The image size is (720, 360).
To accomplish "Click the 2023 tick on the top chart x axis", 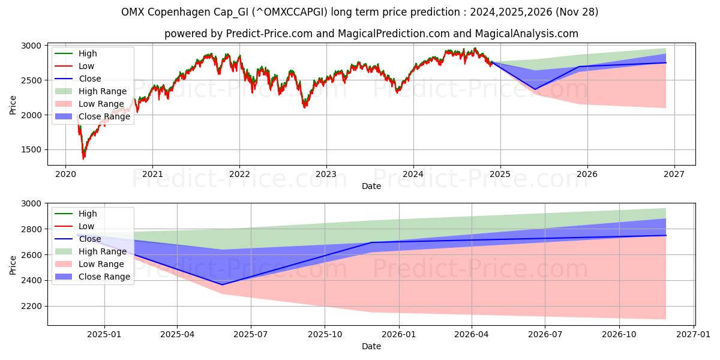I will click(326, 173).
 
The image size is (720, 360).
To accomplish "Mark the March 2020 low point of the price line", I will click(83, 158).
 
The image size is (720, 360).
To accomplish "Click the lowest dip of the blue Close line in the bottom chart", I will click(222, 284).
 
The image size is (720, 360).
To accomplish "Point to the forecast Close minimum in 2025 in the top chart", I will click(535, 89).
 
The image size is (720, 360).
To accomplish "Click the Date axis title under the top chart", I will click(371, 187).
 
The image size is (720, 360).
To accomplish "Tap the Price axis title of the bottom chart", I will click(13, 265).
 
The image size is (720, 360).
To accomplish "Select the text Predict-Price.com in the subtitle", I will click(269, 34).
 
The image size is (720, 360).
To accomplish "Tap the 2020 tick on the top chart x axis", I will click(65, 173).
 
